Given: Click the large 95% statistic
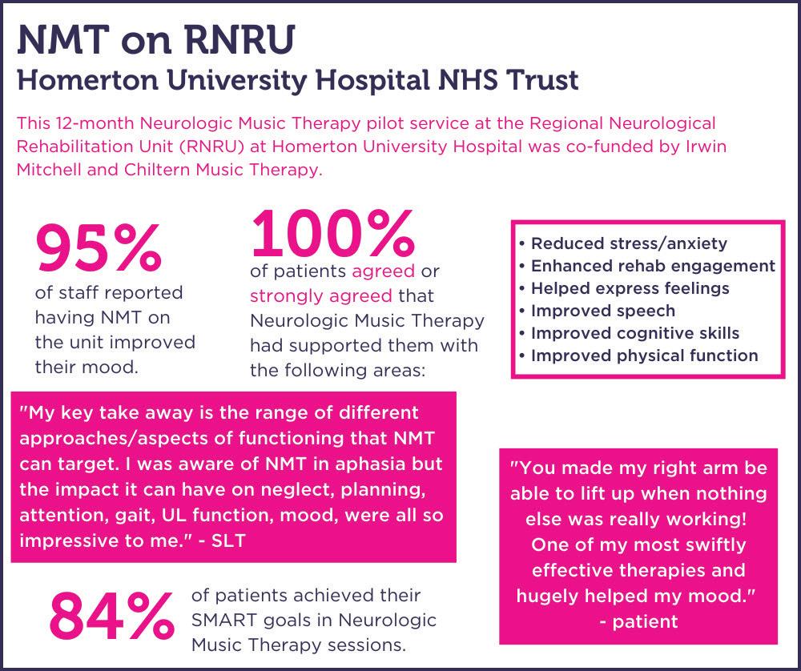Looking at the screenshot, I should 98,247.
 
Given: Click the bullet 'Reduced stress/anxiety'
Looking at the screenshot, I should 629,243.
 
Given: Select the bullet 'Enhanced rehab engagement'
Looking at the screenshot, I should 653,266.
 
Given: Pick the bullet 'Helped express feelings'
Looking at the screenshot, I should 630,288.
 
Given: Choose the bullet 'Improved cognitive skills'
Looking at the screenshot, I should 635,333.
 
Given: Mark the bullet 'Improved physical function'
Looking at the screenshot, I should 644,356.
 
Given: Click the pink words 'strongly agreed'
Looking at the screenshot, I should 321,296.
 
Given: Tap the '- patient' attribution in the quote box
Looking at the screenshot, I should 638,621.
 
